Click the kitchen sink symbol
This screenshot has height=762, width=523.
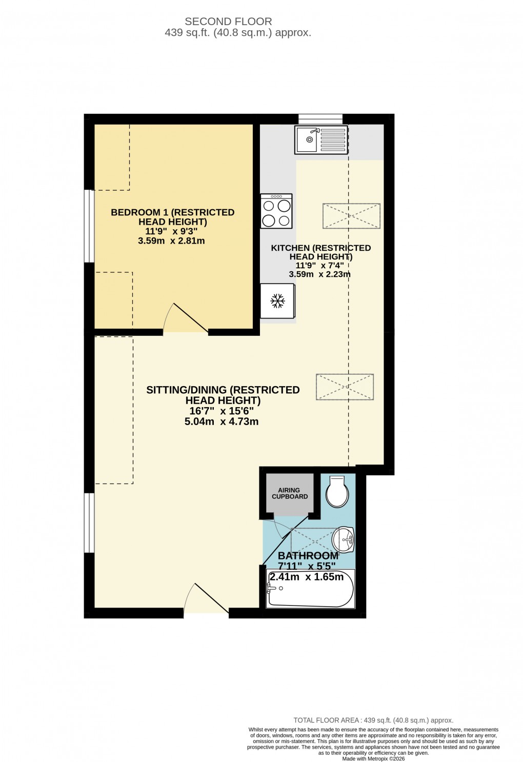point(321,139)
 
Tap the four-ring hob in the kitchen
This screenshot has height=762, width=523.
point(276,211)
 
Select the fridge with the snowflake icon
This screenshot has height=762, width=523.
point(277,301)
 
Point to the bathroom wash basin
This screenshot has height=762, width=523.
point(343,540)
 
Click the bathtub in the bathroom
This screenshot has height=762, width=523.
point(310,590)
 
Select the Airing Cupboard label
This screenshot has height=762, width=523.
point(290,493)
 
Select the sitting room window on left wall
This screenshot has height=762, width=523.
point(89,523)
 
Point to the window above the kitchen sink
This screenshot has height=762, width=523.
point(320,118)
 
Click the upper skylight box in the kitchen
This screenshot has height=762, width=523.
point(351,216)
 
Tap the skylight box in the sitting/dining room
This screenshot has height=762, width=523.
point(345,387)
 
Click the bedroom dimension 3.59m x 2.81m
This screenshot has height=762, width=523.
point(171,240)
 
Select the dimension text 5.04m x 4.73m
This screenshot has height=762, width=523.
point(222,422)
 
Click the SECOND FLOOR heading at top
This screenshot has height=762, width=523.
point(228,22)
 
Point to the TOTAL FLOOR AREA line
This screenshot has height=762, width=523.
point(373,720)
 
